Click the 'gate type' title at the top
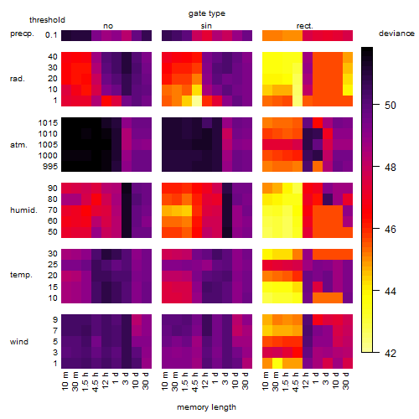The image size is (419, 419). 207,13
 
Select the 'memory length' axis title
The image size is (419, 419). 206,407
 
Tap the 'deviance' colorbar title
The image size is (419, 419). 396,34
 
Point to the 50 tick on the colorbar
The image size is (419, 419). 376,105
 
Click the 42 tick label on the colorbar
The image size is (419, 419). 391,354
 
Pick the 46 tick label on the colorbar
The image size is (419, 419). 391,230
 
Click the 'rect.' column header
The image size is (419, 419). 305,26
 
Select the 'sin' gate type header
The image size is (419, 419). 206,26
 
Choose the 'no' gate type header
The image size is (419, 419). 108,26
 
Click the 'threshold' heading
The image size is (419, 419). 47,20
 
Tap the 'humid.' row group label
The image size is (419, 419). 23,209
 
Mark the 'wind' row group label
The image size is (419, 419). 19,342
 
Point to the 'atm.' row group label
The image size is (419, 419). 18,145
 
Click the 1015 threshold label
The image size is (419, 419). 48,122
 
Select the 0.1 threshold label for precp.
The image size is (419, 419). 51,35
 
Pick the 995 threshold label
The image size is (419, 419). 50,167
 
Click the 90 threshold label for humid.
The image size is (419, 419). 53,188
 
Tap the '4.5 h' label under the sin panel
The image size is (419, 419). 195,381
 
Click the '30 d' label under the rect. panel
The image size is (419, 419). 345,381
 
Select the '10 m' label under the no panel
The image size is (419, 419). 65,381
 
